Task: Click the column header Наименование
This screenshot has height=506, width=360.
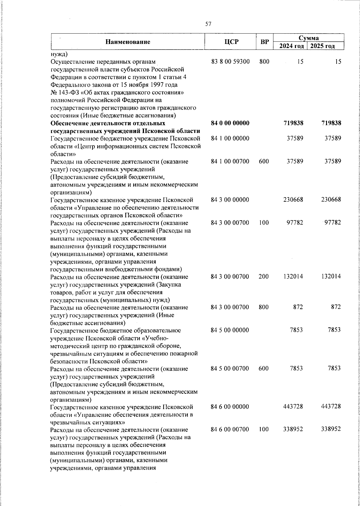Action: point(128,42)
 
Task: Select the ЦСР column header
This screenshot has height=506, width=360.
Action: point(232,42)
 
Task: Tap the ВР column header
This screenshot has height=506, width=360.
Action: point(265,42)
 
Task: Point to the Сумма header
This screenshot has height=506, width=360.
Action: point(308,38)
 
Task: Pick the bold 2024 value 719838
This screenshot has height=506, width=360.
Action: point(293,123)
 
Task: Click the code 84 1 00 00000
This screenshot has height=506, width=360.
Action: point(230,139)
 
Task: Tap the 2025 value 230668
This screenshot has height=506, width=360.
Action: point(331,200)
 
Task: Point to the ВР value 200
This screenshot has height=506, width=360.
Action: point(264,276)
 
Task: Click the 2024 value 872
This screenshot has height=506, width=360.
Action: point(298,307)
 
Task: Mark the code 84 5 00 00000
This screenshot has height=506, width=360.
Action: point(230,330)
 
